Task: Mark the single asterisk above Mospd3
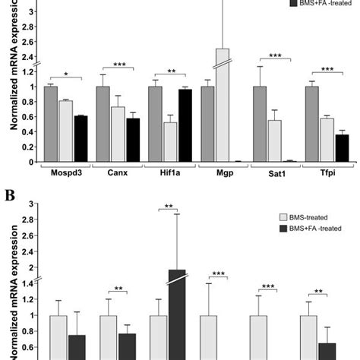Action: [66, 74]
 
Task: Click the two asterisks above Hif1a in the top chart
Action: [172, 70]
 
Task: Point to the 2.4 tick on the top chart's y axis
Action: [28, 57]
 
